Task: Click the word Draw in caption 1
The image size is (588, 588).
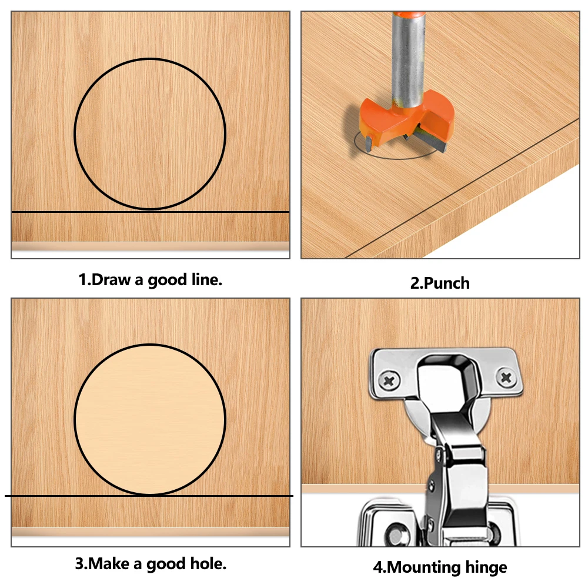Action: [112, 280]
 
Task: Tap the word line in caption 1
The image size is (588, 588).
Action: [205, 280]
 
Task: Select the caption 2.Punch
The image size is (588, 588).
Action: [440, 283]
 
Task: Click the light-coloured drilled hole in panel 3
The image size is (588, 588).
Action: [150, 419]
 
